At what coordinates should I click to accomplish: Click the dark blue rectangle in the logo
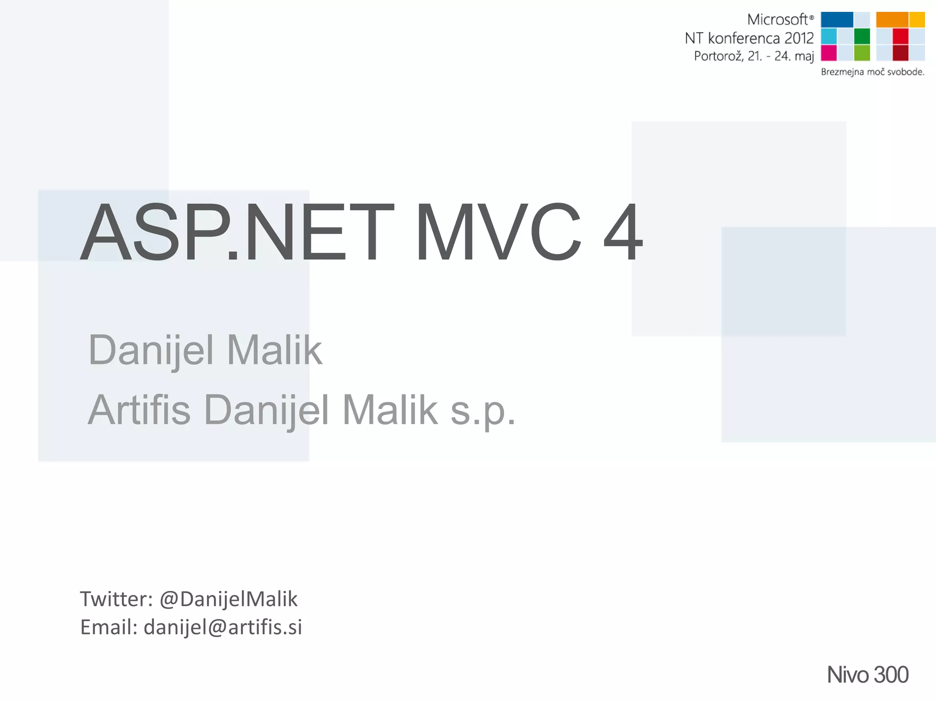pyautogui.click(x=837, y=20)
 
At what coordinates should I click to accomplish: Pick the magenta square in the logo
pyautogui.click(x=829, y=53)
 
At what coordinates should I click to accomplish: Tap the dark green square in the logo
pyautogui.click(x=862, y=36)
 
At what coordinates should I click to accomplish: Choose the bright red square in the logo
pyautogui.click(x=900, y=36)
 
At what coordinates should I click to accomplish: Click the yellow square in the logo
pyautogui.click(x=917, y=20)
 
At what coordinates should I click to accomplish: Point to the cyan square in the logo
pyautogui.click(x=829, y=36)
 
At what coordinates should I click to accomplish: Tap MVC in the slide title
pyautogui.click(x=498, y=233)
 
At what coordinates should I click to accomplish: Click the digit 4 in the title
pyautogui.click(x=623, y=233)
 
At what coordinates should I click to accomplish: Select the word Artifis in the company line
pyautogui.click(x=139, y=409)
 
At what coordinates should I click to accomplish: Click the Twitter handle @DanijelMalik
pyautogui.click(x=229, y=599)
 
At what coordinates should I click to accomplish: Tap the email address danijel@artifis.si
pyautogui.click(x=223, y=627)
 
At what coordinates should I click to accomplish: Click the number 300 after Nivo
pyautogui.click(x=891, y=675)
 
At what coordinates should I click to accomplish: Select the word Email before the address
pyautogui.click(x=108, y=627)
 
